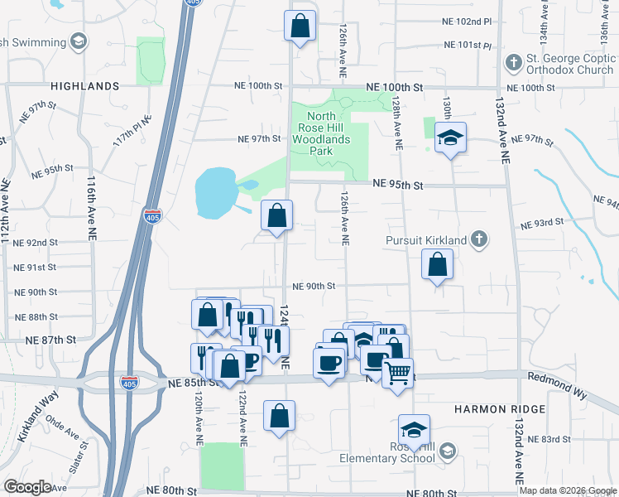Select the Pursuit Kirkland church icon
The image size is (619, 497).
pos(477,240)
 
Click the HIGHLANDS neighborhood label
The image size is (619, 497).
pos(85,86)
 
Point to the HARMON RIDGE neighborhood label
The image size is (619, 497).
pos(499,410)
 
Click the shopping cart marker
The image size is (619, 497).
pos(398,374)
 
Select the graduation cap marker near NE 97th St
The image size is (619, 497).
pos(450,138)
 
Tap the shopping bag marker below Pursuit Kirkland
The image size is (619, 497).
pos(437,266)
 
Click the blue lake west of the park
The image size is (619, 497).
pos(214,192)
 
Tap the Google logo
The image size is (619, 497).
pos(27,487)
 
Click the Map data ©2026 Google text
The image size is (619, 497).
pos(567,490)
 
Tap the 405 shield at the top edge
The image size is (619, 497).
pos(191,2)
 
